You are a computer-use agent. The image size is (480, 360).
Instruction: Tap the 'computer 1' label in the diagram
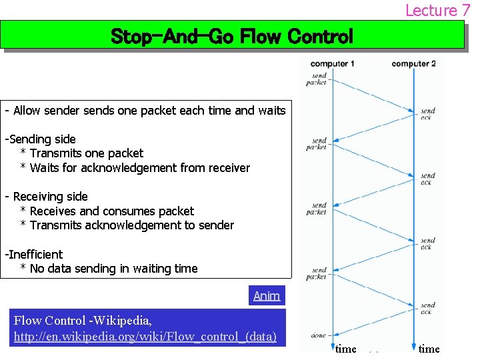coord(332,64)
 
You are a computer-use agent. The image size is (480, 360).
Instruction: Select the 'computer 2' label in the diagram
coord(413,64)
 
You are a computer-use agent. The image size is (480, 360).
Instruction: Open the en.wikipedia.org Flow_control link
coord(145,336)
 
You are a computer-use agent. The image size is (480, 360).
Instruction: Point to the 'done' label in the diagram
coord(318,335)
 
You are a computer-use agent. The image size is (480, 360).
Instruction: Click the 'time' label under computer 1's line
coord(345,349)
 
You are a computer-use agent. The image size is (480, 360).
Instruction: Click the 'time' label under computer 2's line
coord(429,349)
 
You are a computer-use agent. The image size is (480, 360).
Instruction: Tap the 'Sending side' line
coord(42,139)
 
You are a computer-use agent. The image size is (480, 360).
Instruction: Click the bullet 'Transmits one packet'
coord(87,153)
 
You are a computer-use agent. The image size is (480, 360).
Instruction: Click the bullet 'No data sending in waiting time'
coord(114,269)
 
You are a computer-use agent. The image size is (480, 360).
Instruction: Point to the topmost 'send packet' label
coord(318,79)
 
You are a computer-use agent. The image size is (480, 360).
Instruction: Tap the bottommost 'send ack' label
coord(427,309)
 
